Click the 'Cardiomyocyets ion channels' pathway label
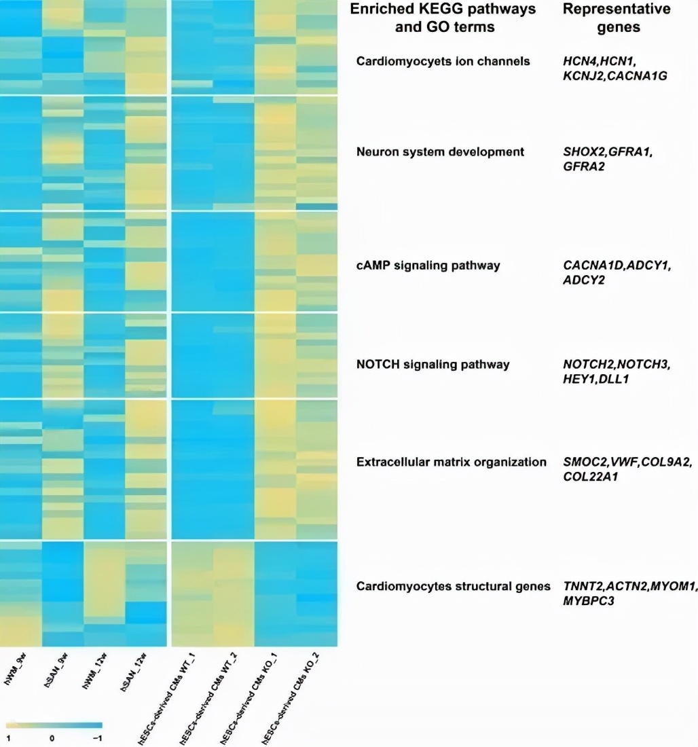click(443, 62)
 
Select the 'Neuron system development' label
click(440, 152)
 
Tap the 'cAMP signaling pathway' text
click(428, 266)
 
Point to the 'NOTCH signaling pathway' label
click(433, 365)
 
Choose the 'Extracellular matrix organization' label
click(452, 462)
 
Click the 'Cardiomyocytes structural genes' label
click(454, 585)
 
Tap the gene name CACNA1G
click(638, 77)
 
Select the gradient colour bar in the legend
click(54, 724)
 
